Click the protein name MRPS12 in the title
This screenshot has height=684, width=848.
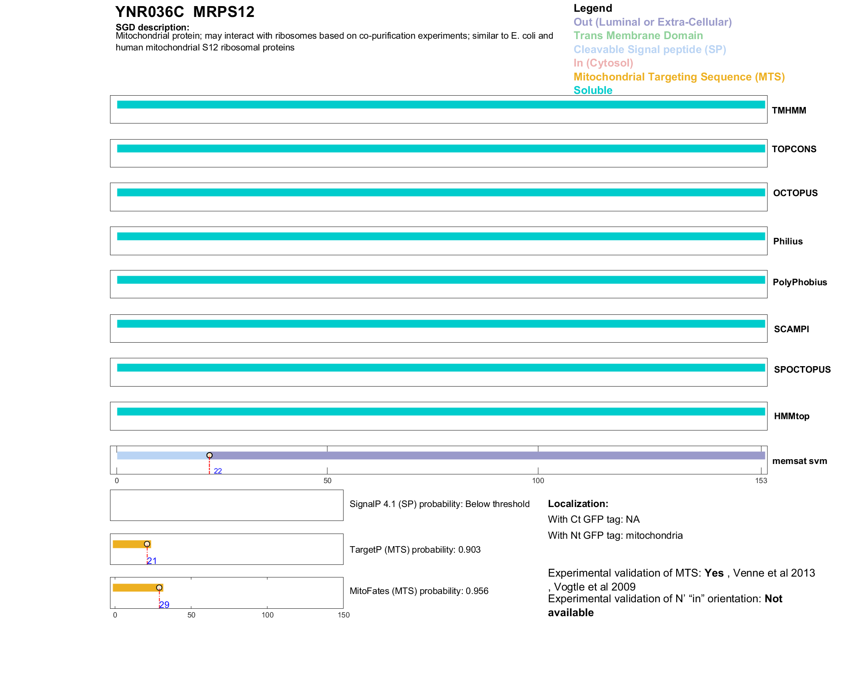(x=224, y=12)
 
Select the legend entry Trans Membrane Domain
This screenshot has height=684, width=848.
(x=638, y=36)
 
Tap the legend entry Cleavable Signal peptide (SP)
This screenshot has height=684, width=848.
(x=650, y=50)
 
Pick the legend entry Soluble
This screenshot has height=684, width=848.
(x=593, y=90)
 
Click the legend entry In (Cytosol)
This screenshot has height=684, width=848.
(x=603, y=63)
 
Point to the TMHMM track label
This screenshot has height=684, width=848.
(x=789, y=110)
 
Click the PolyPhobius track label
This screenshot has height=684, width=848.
(x=800, y=282)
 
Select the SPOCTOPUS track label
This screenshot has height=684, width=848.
(x=802, y=370)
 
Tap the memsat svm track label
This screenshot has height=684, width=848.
(x=799, y=461)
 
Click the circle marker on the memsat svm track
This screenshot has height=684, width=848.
(x=210, y=455)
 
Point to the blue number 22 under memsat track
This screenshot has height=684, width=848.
(x=218, y=471)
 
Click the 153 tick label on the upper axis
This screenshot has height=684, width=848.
(x=761, y=480)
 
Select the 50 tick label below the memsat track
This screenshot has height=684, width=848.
(x=327, y=480)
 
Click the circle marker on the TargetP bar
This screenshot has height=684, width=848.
(x=147, y=544)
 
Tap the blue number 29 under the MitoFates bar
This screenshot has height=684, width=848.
(x=164, y=604)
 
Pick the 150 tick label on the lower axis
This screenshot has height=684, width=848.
(x=344, y=615)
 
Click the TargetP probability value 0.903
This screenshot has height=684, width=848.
(x=469, y=550)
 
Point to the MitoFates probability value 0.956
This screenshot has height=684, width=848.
(x=477, y=591)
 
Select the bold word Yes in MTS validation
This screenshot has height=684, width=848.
(x=714, y=573)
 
